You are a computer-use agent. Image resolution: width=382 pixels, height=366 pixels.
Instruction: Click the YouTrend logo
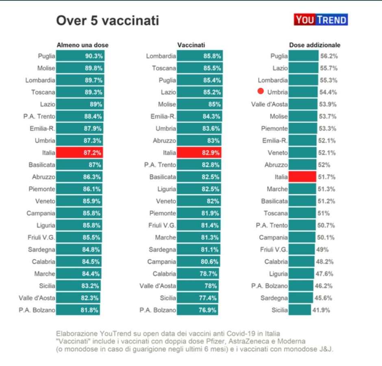coord(321,20)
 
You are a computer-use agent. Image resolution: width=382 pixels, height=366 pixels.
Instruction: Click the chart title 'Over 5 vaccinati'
coord(107,20)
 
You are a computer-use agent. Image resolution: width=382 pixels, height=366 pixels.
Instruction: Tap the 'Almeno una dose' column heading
coord(82,45)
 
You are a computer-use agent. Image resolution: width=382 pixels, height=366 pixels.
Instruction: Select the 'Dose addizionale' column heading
coord(315,45)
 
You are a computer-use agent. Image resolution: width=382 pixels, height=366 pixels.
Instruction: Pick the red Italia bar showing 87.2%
coord(79,152)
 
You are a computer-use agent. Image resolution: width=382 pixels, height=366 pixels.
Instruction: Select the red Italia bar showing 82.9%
coord(199,152)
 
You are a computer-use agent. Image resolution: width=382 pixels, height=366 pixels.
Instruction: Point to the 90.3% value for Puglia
coord(93,56)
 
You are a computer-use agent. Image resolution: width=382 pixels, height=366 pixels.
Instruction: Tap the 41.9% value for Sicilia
coord(321,310)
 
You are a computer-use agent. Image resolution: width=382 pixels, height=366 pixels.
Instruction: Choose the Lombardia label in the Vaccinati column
coord(161,56)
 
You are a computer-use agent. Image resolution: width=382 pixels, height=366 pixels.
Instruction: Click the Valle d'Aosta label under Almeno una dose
coord(37,298)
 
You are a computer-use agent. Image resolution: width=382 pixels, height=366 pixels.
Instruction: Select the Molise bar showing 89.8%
coord(79,68)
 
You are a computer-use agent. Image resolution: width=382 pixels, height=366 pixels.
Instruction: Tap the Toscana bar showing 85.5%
coord(199,68)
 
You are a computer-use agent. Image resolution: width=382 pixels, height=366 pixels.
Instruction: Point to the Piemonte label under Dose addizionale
coord(274,129)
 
